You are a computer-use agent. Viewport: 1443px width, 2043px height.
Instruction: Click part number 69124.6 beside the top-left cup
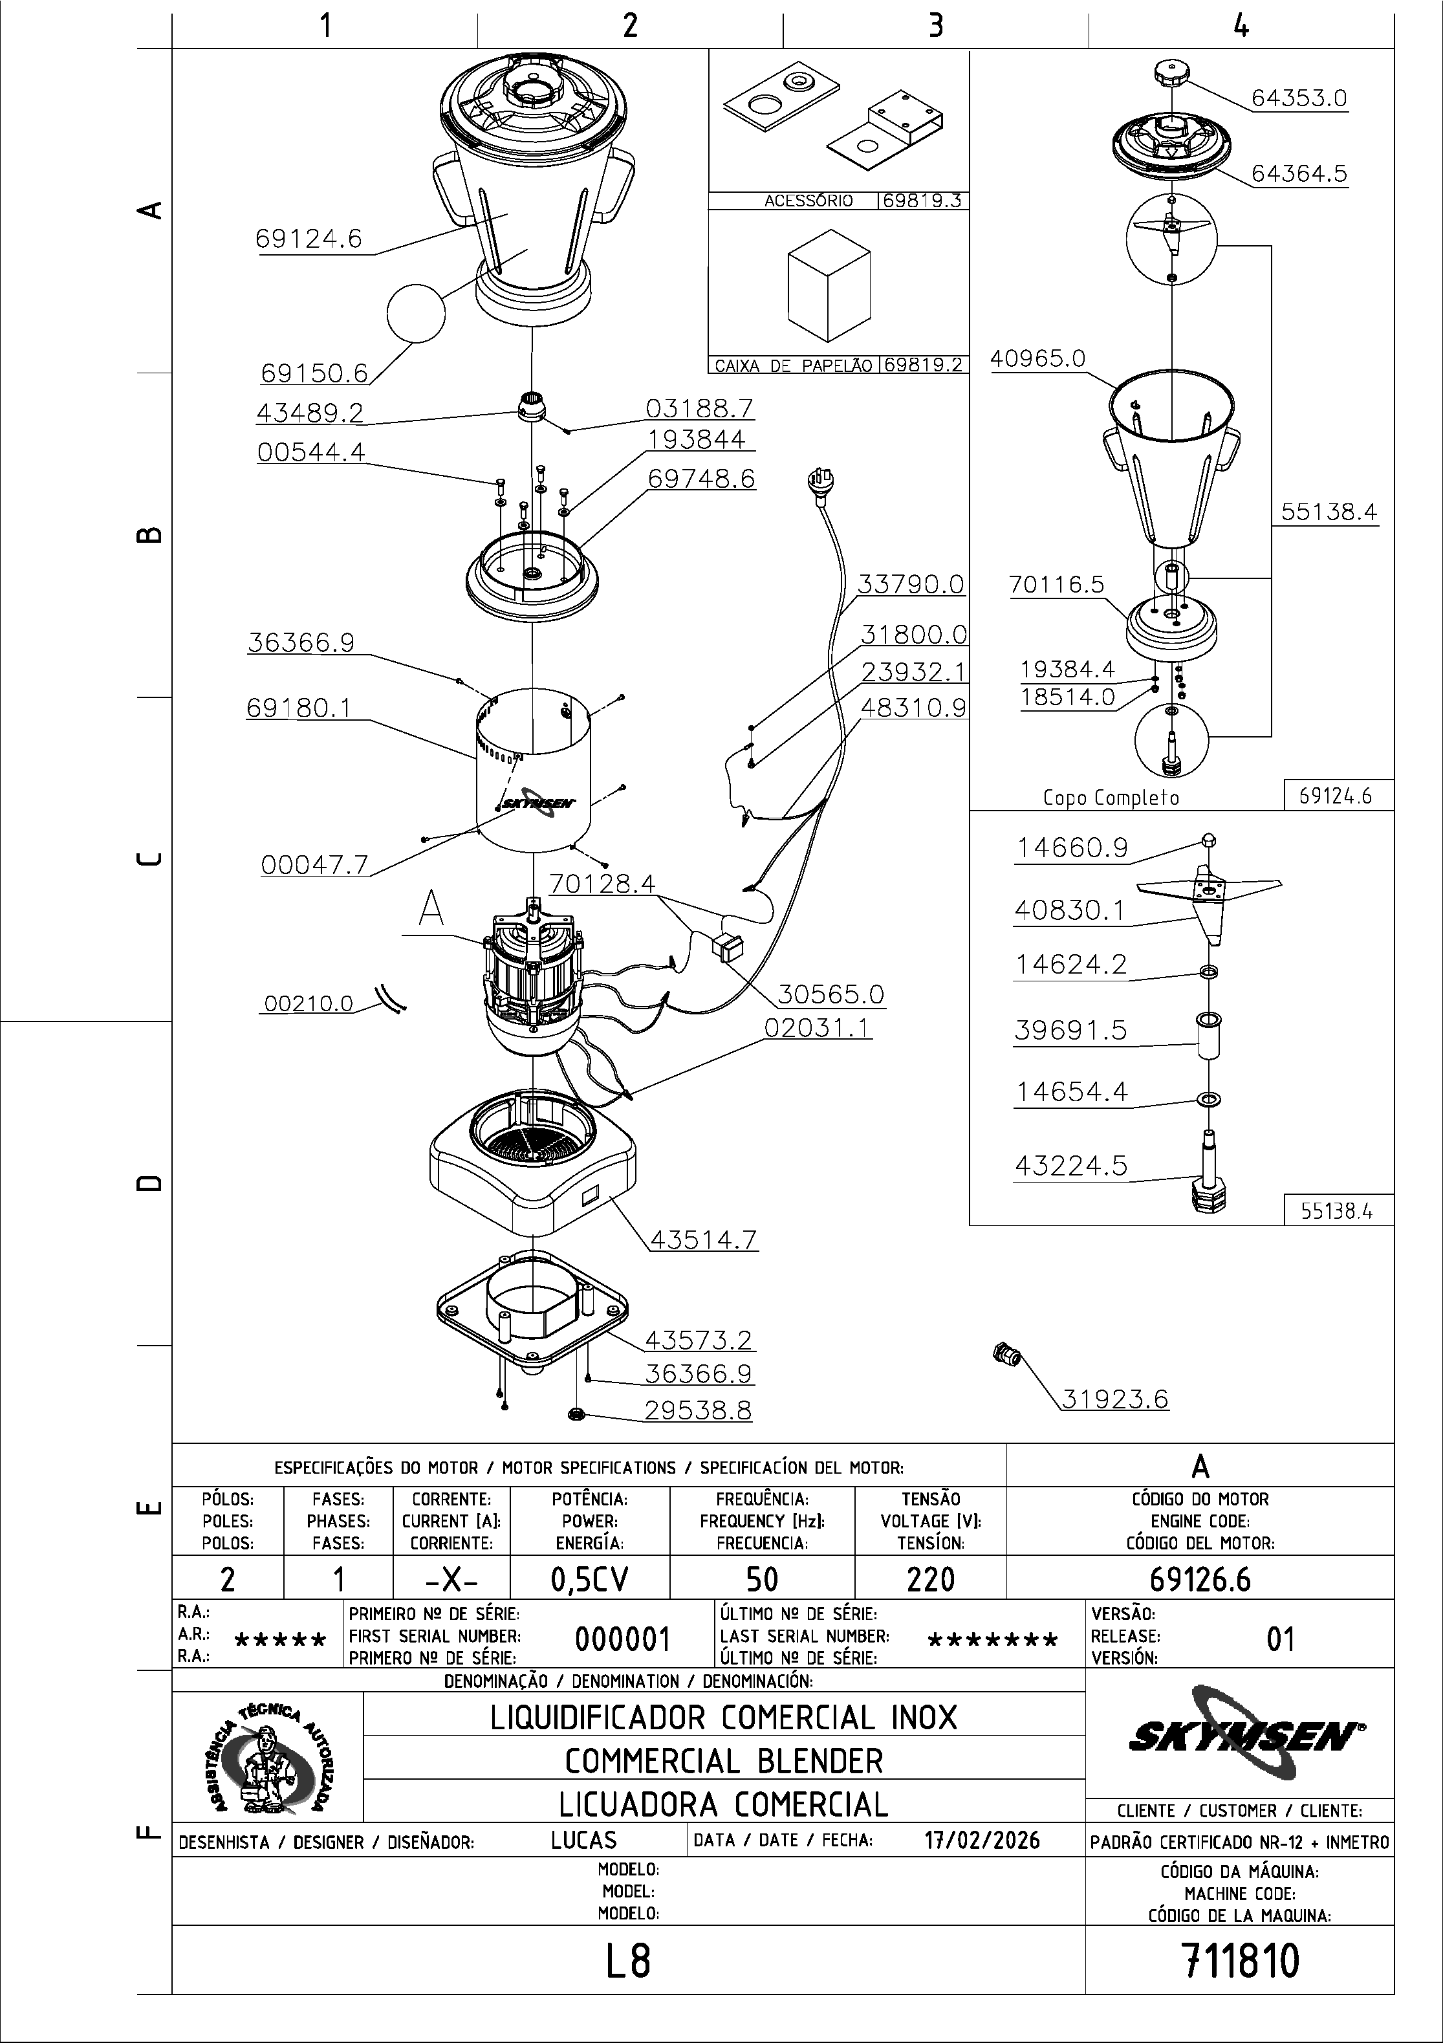(309, 239)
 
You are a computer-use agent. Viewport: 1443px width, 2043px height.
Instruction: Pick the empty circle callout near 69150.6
(415, 313)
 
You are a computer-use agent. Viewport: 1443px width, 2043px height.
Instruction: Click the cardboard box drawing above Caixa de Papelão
(829, 285)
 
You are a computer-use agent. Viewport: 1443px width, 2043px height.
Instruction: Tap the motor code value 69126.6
(1200, 1579)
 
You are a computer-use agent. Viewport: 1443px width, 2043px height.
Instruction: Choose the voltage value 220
(931, 1579)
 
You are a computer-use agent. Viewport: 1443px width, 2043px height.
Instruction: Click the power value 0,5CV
(590, 1579)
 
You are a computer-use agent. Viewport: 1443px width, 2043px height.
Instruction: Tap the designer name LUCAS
(583, 1840)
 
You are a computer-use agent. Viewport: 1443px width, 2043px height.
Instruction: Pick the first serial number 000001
(622, 1639)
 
